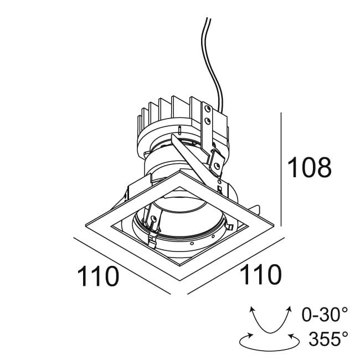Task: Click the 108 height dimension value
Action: point(309,167)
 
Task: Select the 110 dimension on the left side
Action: point(98,276)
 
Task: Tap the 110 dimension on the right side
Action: point(261,274)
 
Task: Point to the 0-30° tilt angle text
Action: point(325,315)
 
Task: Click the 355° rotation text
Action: point(328,338)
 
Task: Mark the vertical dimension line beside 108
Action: point(281,169)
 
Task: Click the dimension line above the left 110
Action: point(122,266)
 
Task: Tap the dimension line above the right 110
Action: point(236,266)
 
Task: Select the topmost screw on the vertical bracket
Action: point(208,108)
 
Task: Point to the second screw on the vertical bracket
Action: point(208,121)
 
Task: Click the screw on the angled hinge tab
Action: point(216,166)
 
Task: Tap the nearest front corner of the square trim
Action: point(180,280)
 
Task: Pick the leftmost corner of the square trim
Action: point(85,225)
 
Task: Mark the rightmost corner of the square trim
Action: point(274,225)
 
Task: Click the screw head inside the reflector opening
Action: point(153,219)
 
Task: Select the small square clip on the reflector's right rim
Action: point(229,227)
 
